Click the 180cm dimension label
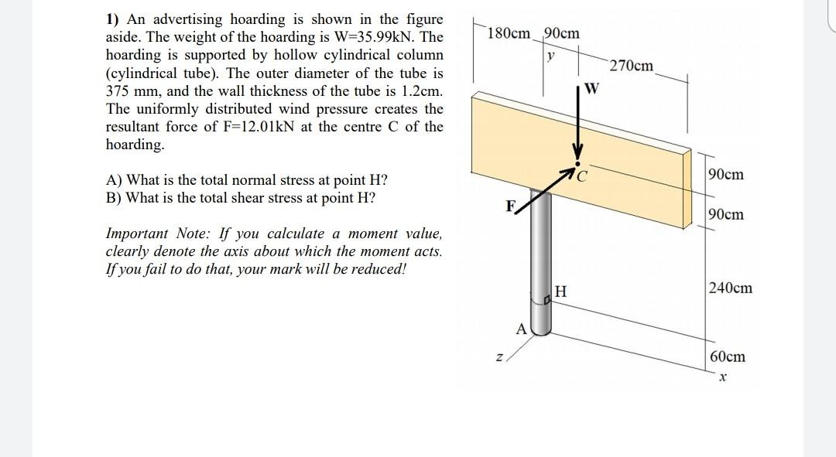pyautogui.click(x=510, y=34)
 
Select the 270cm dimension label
pyautogui.click(x=631, y=67)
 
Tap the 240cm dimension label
pyautogui.click(x=730, y=288)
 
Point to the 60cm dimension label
pyautogui.click(x=727, y=356)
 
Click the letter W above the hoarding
pyautogui.click(x=592, y=87)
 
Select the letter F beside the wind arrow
pyautogui.click(x=509, y=207)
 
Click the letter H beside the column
pyautogui.click(x=561, y=292)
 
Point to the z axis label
pyautogui.click(x=499, y=357)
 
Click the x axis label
pyautogui.click(x=721, y=378)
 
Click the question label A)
pyautogui.click(x=113, y=180)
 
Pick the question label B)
pyautogui.click(x=113, y=197)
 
